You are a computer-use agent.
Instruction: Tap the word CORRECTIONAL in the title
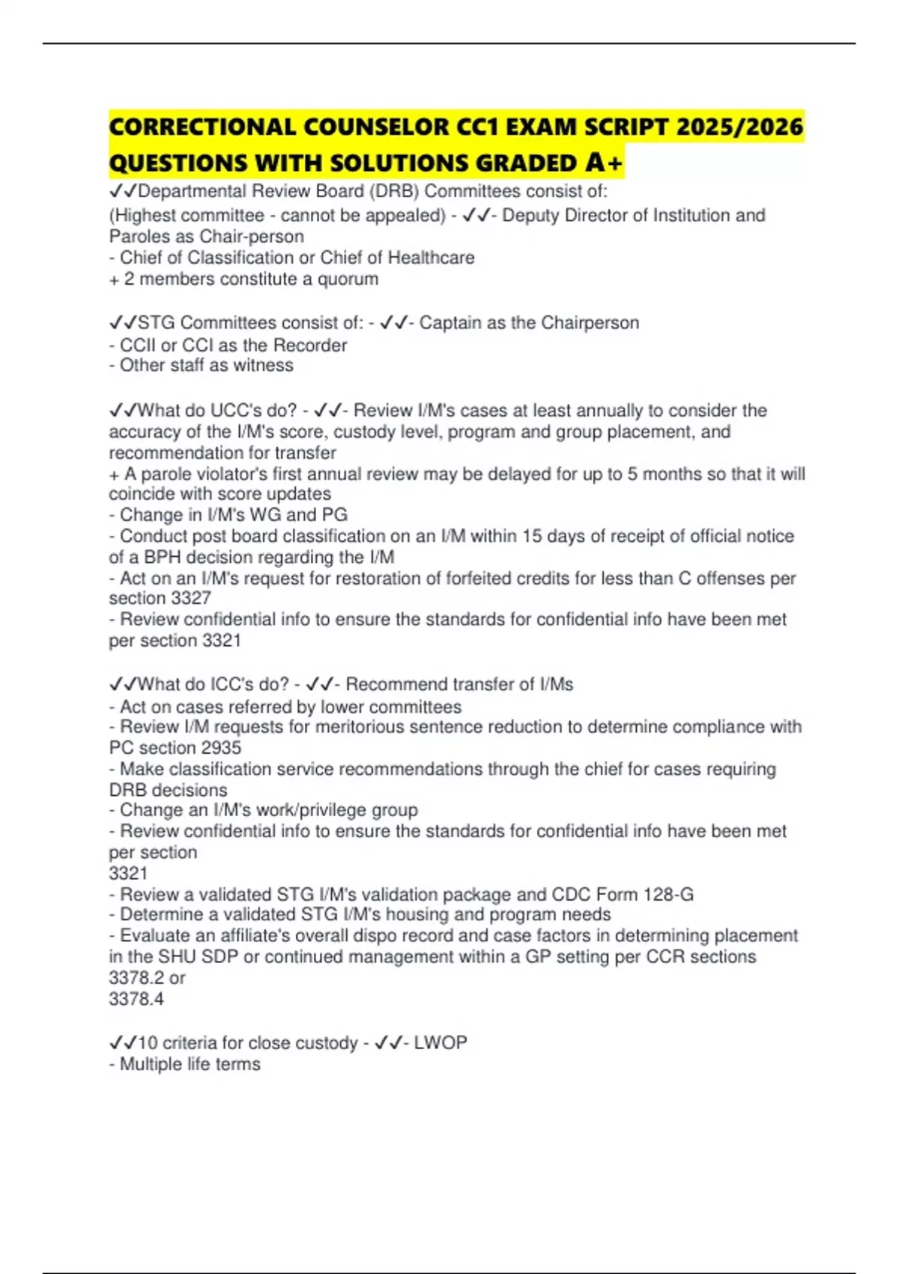coord(202,127)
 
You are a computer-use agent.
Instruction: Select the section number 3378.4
coord(136,999)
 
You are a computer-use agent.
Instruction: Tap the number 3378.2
coord(136,978)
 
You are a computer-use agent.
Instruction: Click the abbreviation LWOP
coord(441,1042)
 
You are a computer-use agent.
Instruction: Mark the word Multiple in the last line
coord(151,1064)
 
